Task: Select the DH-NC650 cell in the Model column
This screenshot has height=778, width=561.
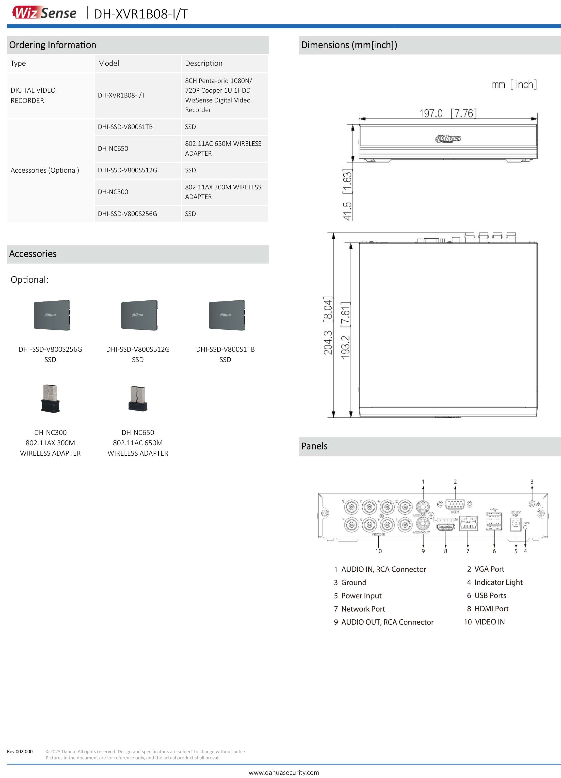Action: click(x=113, y=149)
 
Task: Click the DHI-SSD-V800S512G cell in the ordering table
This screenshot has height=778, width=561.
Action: click(x=127, y=170)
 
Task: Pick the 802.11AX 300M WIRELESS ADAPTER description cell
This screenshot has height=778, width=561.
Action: click(x=223, y=192)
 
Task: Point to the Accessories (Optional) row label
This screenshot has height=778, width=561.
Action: click(x=45, y=170)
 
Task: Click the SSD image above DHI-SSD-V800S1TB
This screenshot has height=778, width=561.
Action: click(x=227, y=315)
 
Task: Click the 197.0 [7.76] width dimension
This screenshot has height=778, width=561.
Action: click(x=448, y=113)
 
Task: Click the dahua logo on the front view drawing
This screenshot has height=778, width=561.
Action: click(x=448, y=139)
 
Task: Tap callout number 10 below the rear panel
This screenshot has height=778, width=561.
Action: click(x=378, y=551)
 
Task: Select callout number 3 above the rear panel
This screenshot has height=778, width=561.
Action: click(x=532, y=482)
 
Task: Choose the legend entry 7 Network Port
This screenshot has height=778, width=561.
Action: click(x=359, y=609)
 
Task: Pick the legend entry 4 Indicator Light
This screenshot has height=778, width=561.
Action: click(x=495, y=582)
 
